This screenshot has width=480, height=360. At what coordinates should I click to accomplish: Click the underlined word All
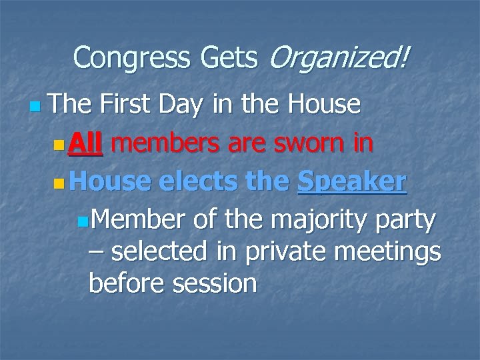[x=86, y=143]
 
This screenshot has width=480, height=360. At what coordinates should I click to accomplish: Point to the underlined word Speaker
[x=352, y=181]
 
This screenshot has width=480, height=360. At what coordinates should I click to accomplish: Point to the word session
[x=215, y=284]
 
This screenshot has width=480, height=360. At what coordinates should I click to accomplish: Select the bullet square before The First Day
[x=35, y=106]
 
